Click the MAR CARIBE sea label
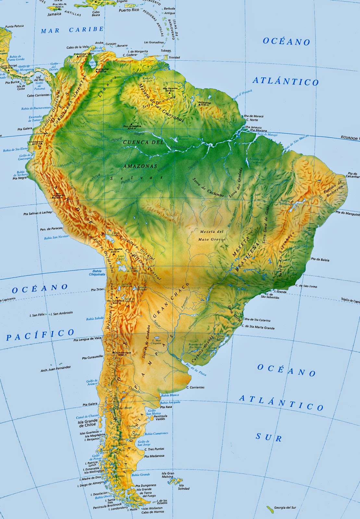tap(72, 30)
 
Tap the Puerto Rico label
tap(129, 10)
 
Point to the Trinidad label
tap(174, 57)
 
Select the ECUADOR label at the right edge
tap(349, 138)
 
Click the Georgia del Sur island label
tap(285, 508)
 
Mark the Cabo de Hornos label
tap(153, 512)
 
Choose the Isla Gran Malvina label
tap(168, 475)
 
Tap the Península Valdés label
tap(160, 417)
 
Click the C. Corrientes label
tap(195, 387)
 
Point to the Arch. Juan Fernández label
tap(56, 369)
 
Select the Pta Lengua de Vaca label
tap(87, 339)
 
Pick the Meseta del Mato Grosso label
tap(212, 235)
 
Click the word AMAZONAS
tap(140, 166)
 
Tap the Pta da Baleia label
tap(320, 259)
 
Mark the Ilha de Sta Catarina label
tap(257, 320)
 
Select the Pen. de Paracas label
tap(51, 229)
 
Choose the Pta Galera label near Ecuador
tap(25, 129)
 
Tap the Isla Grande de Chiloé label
tap(87, 423)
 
